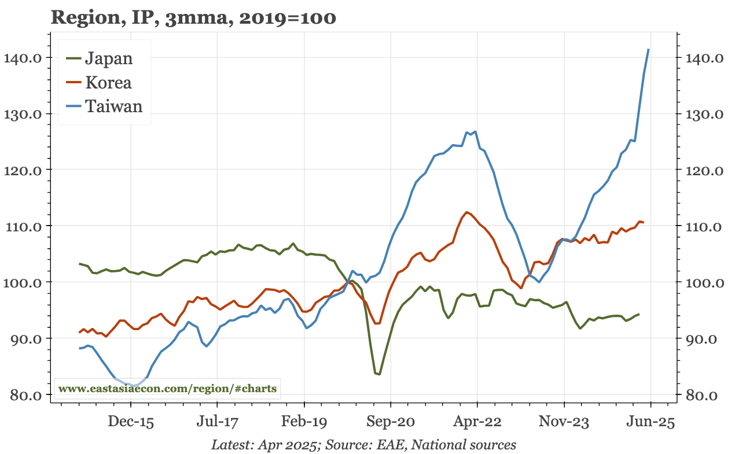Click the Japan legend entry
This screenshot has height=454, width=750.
[108, 58]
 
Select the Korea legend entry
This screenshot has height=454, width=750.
[108, 82]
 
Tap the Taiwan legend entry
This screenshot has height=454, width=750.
[113, 106]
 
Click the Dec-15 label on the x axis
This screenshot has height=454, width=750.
[131, 422]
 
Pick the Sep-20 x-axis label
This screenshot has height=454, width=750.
[391, 422]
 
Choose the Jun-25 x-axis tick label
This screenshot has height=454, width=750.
[651, 422]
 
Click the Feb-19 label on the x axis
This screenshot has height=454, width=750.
[304, 422]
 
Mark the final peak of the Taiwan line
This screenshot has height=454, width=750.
[648, 50]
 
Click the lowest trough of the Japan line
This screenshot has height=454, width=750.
[379, 374]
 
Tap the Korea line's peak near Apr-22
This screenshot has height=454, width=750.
[466, 212]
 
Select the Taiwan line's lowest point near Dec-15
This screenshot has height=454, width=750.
[134, 385]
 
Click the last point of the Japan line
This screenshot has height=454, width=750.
[639, 314]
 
